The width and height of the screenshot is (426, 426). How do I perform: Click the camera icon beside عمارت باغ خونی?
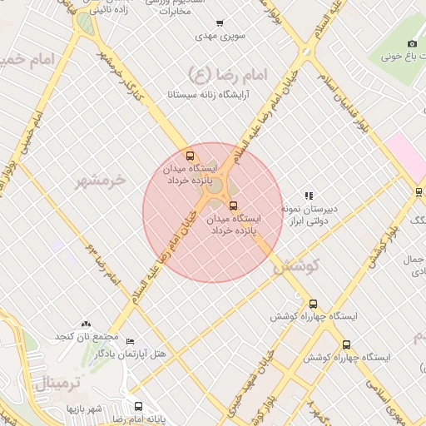point(412,43)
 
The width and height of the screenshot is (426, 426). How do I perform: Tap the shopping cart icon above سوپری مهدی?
point(219,24)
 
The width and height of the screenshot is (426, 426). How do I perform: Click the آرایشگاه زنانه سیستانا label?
point(205,95)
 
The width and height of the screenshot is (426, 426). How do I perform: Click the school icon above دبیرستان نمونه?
point(309,196)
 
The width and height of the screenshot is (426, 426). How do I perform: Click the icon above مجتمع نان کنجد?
point(86,324)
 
